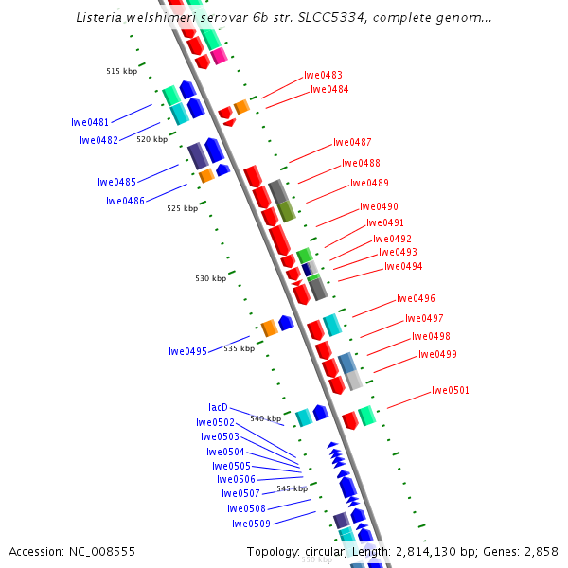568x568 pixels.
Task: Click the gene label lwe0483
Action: [323, 75]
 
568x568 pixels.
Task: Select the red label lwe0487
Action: [352, 143]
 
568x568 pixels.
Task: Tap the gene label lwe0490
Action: [379, 206]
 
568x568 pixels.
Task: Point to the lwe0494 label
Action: [403, 267]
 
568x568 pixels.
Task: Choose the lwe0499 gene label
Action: [437, 355]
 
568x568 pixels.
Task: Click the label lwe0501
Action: [451, 390]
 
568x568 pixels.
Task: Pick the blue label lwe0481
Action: [90, 122]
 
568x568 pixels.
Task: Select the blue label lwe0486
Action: [125, 201]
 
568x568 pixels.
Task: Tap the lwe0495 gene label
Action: [187, 351]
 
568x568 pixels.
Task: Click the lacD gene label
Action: [218, 407]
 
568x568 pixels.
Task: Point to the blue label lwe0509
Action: [251, 524]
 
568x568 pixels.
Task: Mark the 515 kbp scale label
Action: [121, 71]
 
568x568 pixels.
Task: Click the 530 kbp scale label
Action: [211, 278]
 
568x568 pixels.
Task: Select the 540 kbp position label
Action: [265, 418]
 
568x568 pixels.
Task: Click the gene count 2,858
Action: [540, 552]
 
